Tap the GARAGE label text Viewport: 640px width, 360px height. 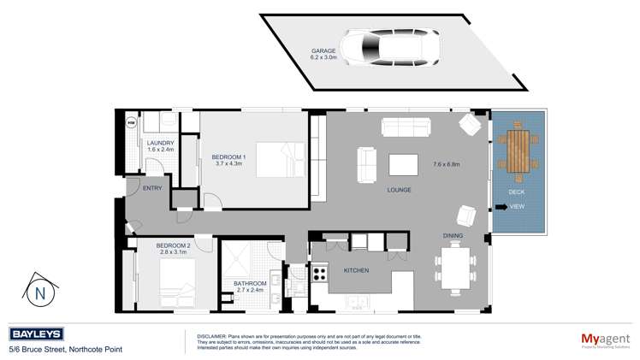click(323, 50)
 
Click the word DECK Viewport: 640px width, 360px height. click(518, 192)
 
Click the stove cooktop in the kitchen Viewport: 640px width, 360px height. click(321, 274)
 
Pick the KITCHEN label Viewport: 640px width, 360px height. click(356, 270)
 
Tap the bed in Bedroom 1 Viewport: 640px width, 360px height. click(283, 160)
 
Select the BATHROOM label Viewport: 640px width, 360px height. click(251, 283)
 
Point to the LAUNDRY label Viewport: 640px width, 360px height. click(160, 143)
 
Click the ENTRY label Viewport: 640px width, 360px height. click(152, 187)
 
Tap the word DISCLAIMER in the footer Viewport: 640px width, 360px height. click(210, 336)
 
